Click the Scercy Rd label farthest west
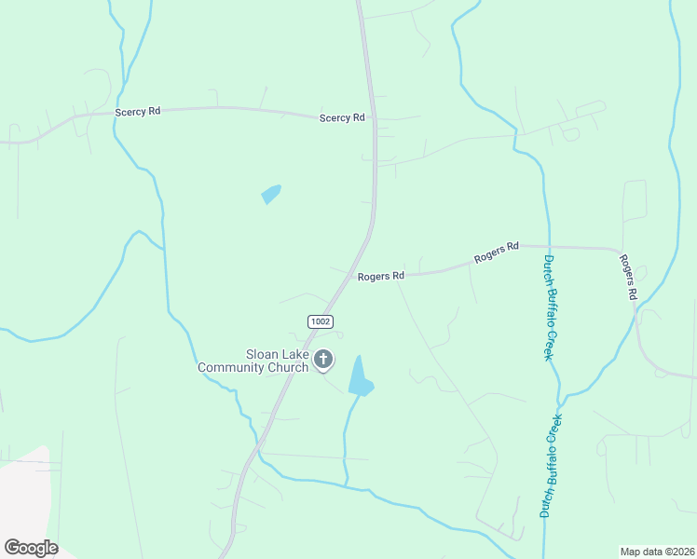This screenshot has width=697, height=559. pyautogui.click(x=138, y=111)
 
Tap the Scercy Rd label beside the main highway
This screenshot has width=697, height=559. pyautogui.click(x=342, y=118)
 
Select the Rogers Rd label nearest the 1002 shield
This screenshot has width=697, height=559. pyautogui.click(x=380, y=276)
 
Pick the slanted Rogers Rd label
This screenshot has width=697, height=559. pyautogui.click(x=496, y=252)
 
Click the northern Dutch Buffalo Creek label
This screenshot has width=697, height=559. pyautogui.click(x=550, y=307)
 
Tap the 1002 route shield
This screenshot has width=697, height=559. pyautogui.click(x=320, y=320)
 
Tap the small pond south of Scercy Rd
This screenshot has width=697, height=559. pyautogui.click(x=271, y=194)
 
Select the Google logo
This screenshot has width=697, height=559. pyautogui.click(x=31, y=548)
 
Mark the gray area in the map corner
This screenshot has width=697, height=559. pyautogui.click(x=23, y=494)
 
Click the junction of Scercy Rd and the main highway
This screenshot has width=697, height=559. pyautogui.click(x=374, y=118)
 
